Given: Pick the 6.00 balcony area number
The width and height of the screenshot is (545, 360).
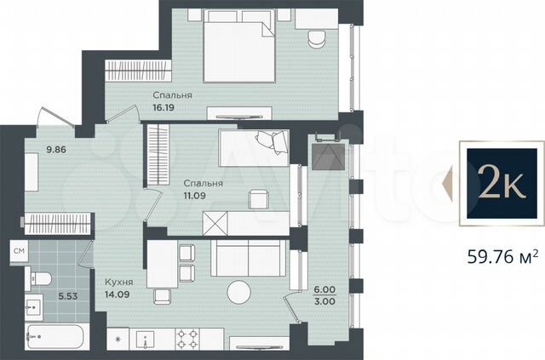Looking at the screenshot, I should [325, 289].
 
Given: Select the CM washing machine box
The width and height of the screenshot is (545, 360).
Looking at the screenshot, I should [19, 251].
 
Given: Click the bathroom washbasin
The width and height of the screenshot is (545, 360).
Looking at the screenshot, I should [33, 305].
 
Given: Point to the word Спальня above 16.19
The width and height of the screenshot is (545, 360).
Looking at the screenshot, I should [172, 96].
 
